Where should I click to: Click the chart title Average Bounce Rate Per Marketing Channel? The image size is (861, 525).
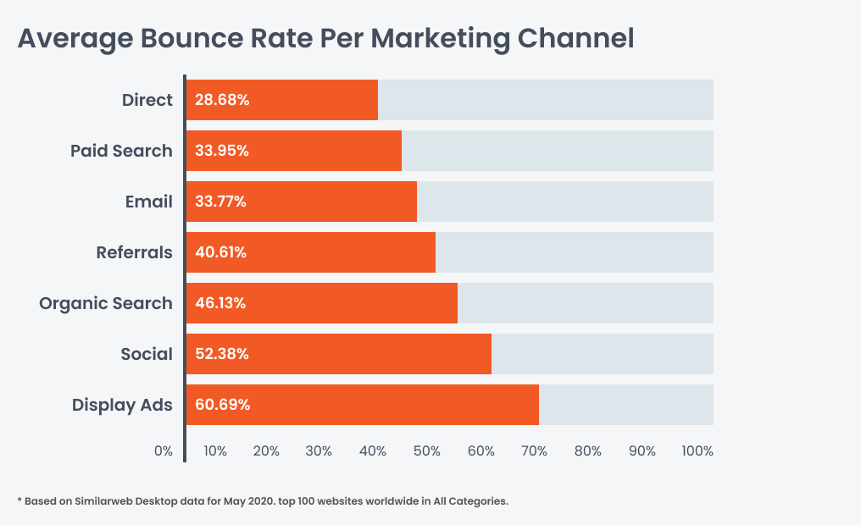pos(325,38)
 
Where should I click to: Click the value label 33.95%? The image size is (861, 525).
pos(222,151)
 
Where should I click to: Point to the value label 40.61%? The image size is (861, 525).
pos(221,252)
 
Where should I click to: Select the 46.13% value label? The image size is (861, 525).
pos(220,303)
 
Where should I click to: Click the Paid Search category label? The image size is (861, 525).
pos(121,151)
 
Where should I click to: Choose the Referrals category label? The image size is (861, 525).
pos(134,252)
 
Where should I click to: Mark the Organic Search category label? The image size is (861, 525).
pos(106,303)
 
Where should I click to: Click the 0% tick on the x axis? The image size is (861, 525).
pos(164,451)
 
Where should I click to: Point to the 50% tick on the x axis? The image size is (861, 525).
pos(427,451)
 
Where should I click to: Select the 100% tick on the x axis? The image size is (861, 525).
pos(697,451)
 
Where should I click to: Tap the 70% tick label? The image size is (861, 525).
pos(534,451)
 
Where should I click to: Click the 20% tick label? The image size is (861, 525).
pos(266,451)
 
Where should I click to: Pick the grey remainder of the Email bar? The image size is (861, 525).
pos(564,202)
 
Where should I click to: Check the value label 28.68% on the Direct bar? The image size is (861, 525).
pos(222,100)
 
